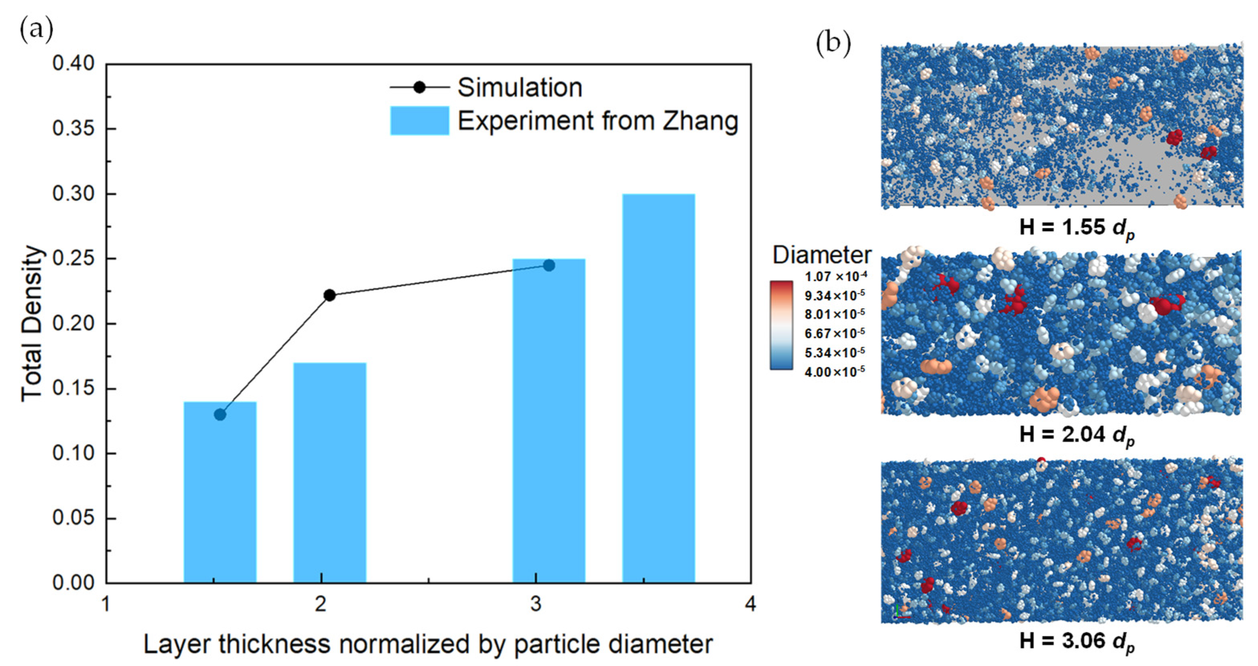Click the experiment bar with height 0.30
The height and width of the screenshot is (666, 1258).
[x=658, y=389]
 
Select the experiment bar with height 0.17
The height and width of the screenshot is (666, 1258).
[x=329, y=473]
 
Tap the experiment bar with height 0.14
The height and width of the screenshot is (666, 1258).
[x=220, y=493]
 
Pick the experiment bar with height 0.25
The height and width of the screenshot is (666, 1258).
[x=549, y=421]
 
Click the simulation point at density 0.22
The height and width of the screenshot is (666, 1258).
[x=329, y=295]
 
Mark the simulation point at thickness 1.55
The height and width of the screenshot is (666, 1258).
[x=220, y=414]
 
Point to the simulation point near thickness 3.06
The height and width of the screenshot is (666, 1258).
[x=549, y=265]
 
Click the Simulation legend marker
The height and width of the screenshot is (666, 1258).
[x=419, y=88]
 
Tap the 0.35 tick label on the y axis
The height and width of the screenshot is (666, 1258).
[x=74, y=129]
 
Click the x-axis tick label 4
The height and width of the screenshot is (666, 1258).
[x=750, y=605]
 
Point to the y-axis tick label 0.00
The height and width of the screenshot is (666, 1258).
[x=74, y=582]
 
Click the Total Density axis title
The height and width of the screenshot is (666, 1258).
[x=32, y=324]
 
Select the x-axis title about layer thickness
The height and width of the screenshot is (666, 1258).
[x=428, y=644]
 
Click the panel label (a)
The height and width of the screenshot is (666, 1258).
[x=36, y=30]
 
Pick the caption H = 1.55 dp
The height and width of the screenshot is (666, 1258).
[x=1077, y=228]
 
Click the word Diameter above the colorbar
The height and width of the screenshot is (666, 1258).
[x=821, y=255]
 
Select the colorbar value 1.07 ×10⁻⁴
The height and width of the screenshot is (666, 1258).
[x=835, y=276]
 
